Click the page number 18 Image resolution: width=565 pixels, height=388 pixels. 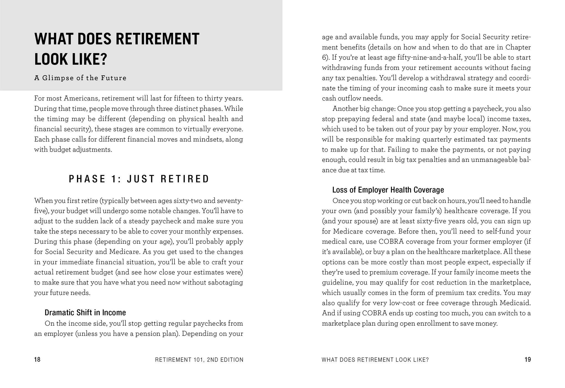click(x=37, y=360)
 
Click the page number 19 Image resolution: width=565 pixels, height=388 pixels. click(x=528, y=360)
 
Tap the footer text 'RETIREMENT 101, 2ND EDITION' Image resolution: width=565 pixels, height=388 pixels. click(x=199, y=360)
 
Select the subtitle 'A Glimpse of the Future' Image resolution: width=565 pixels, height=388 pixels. click(x=80, y=78)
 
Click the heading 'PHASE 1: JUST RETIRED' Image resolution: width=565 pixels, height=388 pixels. click(x=139, y=179)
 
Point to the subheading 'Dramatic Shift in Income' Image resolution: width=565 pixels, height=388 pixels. click(x=85, y=313)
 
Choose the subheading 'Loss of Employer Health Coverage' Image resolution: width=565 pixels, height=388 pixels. click(x=388, y=190)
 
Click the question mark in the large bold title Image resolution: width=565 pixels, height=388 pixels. click(x=103, y=59)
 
